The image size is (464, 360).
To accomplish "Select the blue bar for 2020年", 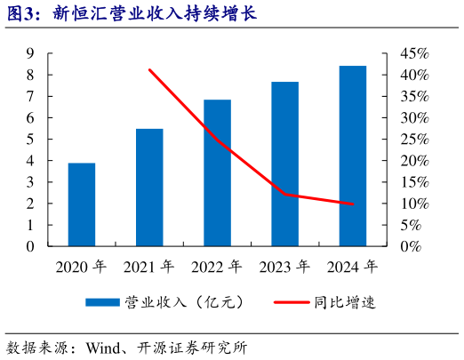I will pyautogui.click(x=82, y=204).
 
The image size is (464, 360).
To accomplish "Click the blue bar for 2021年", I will pyautogui.click(x=149, y=188).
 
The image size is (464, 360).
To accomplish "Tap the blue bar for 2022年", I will pyautogui.click(x=217, y=172).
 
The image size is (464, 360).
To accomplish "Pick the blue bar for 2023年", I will pyautogui.click(x=284, y=164).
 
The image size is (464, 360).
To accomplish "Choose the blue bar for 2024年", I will pyautogui.click(x=352, y=156).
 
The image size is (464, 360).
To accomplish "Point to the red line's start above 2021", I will pyautogui.click(x=149, y=70).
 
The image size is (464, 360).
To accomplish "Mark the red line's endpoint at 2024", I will pyautogui.click(x=352, y=204).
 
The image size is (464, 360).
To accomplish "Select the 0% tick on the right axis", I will pyautogui.click(x=410, y=246).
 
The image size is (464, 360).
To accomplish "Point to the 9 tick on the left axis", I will pyautogui.click(x=30, y=53).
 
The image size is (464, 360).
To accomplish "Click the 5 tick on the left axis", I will pyautogui.click(x=30, y=140).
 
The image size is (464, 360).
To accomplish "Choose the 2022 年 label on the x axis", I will pyautogui.click(x=217, y=267).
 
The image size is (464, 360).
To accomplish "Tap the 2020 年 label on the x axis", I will pyautogui.click(x=81, y=267).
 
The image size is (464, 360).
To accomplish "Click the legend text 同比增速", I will pyautogui.click(x=345, y=302).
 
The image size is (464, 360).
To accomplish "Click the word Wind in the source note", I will pyautogui.click(x=104, y=347).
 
